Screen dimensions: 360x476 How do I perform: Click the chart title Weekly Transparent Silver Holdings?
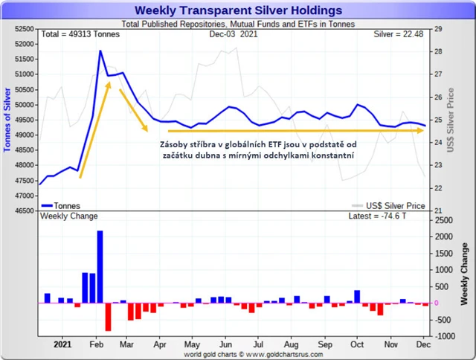coord(238,10)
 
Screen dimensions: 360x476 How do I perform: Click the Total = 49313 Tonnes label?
coord(80,34)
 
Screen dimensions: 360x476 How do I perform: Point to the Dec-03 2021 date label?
coord(234,34)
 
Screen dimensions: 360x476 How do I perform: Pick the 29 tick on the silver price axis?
coord(438,29)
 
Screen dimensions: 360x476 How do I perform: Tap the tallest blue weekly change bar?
coord(100,267)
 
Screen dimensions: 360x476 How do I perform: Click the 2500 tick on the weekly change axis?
coord(443,220)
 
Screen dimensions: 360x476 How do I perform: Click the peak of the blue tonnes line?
coord(100,51)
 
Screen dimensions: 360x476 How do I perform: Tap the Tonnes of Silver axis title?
coord(8,119)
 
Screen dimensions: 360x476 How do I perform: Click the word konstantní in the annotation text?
coord(328,156)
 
